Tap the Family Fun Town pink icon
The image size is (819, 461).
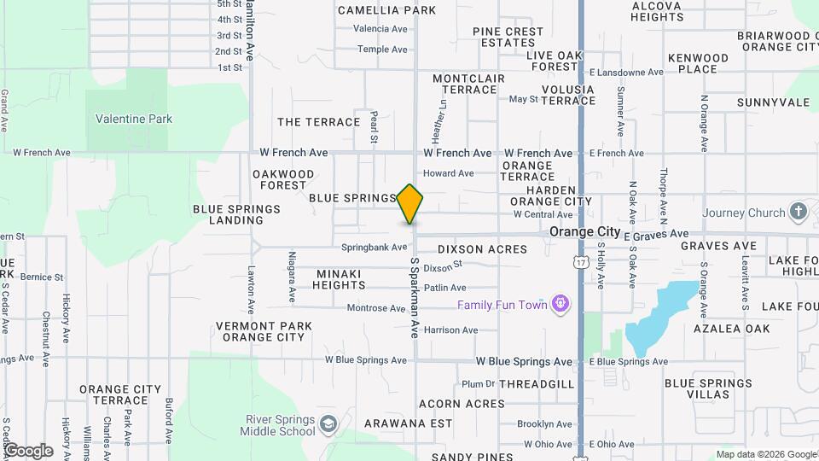click(x=561, y=304)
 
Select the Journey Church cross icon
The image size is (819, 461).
click(x=798, y=212)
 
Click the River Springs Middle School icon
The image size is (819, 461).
click(x=328, y=424)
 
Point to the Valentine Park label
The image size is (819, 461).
click(x=134, y=119)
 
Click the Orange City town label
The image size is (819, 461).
click(x=584, y=231)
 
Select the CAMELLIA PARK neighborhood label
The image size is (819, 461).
click(x=387, y=10)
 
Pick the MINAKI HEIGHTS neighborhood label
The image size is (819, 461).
click(x=339, y=279)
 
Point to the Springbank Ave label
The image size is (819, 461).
click(x=375, y=248)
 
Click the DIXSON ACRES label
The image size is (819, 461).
click(x=482, y=249)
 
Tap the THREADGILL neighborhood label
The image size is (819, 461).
click(x=537, y=384)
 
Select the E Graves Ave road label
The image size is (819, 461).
click(x=656, y=234)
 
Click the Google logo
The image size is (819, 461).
click(x=28, y=450)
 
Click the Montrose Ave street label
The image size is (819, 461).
click(x=376, y=307)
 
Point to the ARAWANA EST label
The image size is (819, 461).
click(x=408, y=423)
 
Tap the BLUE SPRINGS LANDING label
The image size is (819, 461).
click(x=236, y=214)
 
